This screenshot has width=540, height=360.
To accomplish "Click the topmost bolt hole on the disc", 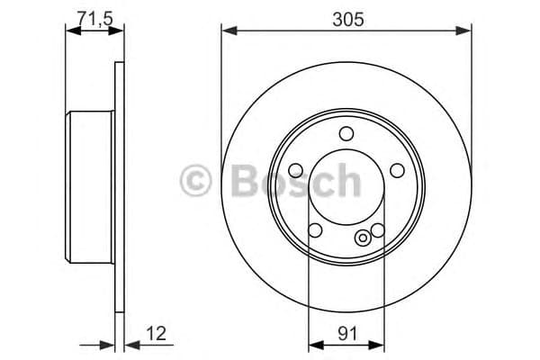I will coord(346,134).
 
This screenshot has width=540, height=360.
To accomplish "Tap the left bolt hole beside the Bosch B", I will coord(296,169).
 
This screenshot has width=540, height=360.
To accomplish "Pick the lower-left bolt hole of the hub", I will coord(315,230).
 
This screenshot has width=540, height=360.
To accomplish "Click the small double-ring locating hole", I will coord(363,238).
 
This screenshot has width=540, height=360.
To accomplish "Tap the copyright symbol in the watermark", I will coord(195,181).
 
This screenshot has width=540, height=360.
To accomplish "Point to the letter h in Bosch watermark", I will coord(345,181).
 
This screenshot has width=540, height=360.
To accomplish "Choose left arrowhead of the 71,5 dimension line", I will coord(73,31).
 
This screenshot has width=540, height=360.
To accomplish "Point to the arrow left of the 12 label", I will coord(108,343).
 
